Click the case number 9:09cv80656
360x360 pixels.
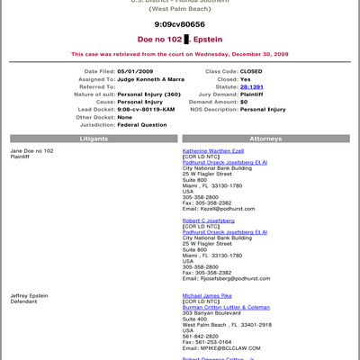click(x=179, y=25)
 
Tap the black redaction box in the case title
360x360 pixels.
click(x=186, y=40)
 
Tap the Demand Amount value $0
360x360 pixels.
click(x=245, y=101)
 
